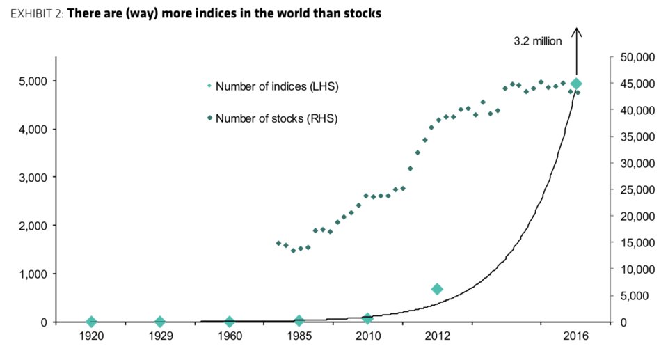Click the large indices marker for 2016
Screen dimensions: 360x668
(x=576, y=84)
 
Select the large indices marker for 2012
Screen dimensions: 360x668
(x=437, y=289)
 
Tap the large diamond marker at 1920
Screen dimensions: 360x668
(x=91, y=322)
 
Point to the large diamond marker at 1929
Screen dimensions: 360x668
(x=160, y=322)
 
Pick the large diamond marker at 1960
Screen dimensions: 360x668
(x=230, y=322)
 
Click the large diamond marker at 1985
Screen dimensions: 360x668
(x=299, y=321)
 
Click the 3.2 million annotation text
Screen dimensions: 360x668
(x=537, y=41)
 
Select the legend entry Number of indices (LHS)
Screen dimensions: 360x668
(x=277, y=86)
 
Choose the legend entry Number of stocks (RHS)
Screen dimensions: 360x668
(x=276, y=118)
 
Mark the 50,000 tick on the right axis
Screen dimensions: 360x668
(x=633, y=57)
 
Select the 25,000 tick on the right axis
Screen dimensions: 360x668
(x=633, y=189)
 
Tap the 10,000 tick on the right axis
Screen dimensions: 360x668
(x=633, y=269)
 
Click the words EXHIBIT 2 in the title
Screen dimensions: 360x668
(x=35, y=14)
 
